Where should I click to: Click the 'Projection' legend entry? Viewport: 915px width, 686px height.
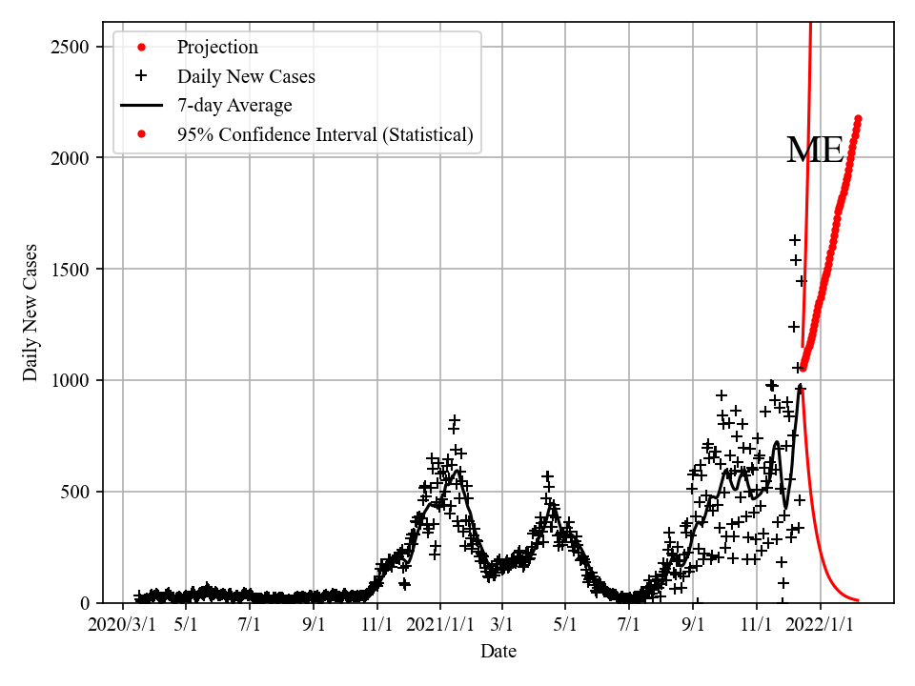(x=217, y=48)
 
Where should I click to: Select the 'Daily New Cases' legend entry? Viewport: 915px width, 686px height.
(x=246, y=76)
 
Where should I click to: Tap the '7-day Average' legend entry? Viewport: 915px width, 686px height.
(x=234, y=106)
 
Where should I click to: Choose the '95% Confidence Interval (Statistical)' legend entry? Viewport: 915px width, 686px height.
(x=324, y=135)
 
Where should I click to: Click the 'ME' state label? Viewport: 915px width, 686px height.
(x=815, y=151)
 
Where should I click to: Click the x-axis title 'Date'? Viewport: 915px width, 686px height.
(x=498, y=652)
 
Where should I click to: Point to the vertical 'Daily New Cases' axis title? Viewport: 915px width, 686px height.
(x=31, y=313)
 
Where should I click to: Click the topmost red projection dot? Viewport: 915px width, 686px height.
(x=858, y=119)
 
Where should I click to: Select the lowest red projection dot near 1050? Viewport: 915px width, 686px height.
(x=803, y=367)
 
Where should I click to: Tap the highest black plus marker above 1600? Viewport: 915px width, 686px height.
(x=795, y=240)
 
